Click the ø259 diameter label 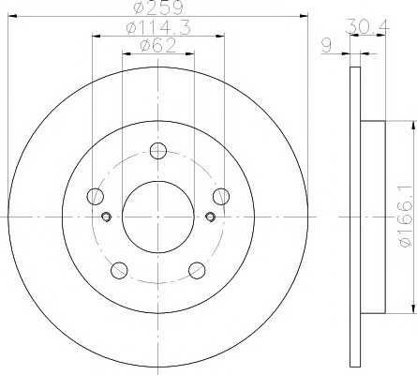click(157, 7)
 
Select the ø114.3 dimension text click(158, 28)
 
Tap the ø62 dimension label click(158, 46)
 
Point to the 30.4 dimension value click(367, 26)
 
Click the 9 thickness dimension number click(327, 46)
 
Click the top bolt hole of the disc click(158, 151)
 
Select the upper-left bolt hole click(95, 197)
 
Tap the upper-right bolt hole click(221, 197)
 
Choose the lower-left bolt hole click(119, 271)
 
